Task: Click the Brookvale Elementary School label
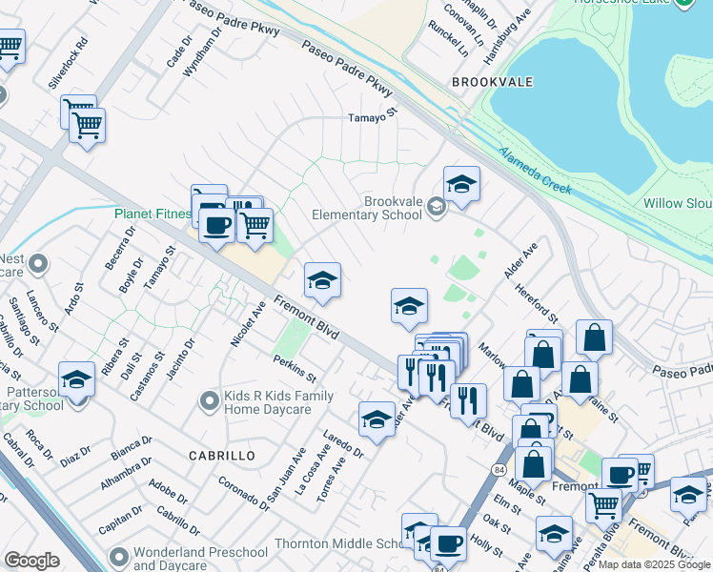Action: (392, 208)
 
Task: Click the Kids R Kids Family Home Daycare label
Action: (278, 402)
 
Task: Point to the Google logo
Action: (32, 561)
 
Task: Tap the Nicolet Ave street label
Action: (247, 324)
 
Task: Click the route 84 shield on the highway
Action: (499, 470)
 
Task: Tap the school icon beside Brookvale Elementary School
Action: (461, 184)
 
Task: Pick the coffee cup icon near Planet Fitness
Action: (216, 225)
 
